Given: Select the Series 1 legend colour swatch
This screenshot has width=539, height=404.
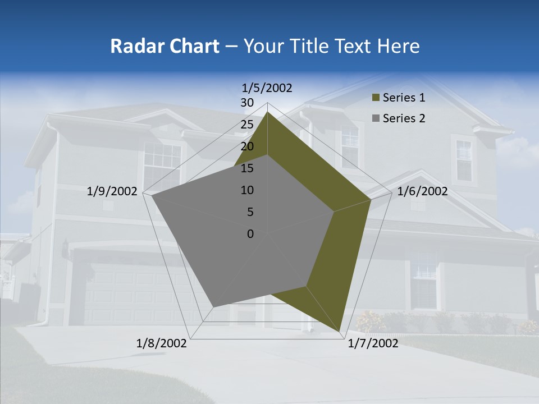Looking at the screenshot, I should coord(376,98).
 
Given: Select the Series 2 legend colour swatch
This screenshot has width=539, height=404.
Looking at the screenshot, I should coord(376,118).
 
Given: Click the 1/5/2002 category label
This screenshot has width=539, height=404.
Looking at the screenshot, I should coord(267,88).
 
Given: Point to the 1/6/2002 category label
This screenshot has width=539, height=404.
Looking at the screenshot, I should coord(422,191).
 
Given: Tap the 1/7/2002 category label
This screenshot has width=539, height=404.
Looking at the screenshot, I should coord(373,343).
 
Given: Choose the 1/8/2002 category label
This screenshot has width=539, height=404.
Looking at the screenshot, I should coord(162,343).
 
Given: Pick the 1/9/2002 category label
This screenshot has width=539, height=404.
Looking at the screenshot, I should coord(112,191).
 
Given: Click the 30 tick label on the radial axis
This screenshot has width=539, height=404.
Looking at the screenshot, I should coord(247,103).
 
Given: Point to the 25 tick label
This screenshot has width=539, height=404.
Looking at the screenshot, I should coord(247,125).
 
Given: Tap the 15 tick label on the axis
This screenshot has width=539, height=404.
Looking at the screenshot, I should coord(247,168).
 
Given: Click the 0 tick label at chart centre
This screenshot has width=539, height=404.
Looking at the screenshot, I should coord(250,234).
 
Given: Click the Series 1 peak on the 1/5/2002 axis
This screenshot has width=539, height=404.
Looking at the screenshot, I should coord(268,112).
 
